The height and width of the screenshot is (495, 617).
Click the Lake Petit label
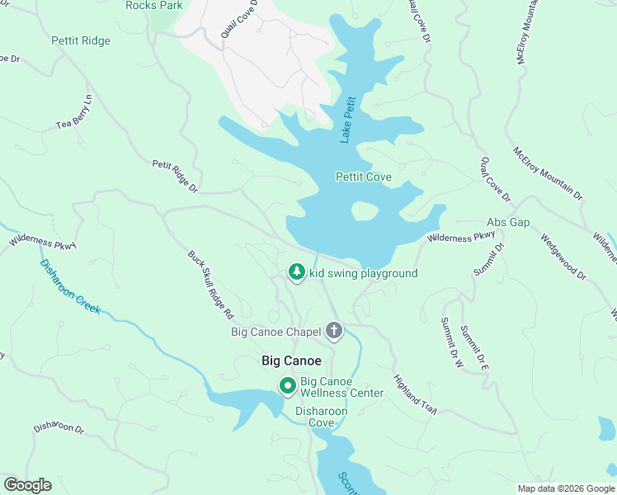(349, 119)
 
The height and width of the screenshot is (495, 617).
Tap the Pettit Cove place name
(363, 177)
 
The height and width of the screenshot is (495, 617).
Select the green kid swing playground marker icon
(296, 272)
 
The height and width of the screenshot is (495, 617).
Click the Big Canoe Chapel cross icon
(334, 332)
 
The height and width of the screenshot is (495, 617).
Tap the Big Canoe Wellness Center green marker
(287, 386)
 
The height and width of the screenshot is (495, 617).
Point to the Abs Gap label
(508, 223)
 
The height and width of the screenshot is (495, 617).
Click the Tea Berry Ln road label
(73, 115)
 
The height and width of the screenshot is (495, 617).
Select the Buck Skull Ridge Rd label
(211, 285)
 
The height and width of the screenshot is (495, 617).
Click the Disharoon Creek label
(69, 286)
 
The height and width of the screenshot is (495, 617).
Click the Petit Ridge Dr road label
(176, 177)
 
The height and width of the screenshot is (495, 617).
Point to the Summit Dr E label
(474, 346)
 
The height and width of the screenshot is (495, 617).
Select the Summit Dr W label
(452, 342)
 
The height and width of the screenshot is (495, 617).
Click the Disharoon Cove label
(322, 417)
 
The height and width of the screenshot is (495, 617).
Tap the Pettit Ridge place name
(80, 40)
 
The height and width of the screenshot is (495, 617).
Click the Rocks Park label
(154, 5)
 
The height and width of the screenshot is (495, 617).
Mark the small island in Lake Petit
(365, 211)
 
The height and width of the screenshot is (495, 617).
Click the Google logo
(27, 485)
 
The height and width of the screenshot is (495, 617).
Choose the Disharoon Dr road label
(59, 429)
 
